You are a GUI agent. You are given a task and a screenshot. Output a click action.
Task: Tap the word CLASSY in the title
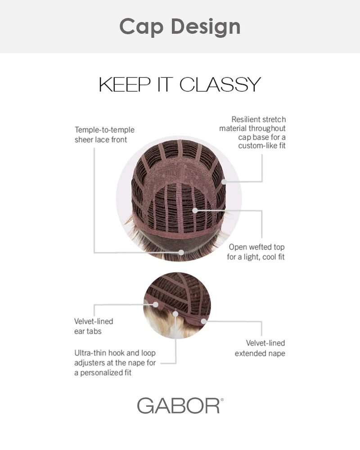(220, 85)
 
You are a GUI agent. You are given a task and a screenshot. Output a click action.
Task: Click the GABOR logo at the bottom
(178, 405)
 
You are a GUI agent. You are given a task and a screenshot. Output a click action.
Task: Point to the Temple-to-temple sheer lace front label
(104, 135)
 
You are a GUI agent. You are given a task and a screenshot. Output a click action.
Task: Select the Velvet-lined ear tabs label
(93, 326)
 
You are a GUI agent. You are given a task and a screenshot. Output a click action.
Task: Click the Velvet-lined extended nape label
(260, 348)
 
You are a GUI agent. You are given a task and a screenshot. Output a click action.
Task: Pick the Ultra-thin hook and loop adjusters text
(115, 363)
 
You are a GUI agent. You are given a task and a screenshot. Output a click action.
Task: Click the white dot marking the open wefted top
(195, 210)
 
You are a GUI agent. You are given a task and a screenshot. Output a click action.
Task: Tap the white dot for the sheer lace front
(182, 252)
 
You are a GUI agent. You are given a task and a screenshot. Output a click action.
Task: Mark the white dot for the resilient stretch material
(224, 182)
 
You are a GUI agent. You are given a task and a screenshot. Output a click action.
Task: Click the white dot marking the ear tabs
(156, 304)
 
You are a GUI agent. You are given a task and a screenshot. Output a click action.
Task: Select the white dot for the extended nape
(203, 321)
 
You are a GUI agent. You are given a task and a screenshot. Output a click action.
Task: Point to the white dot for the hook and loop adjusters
(176, 314)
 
